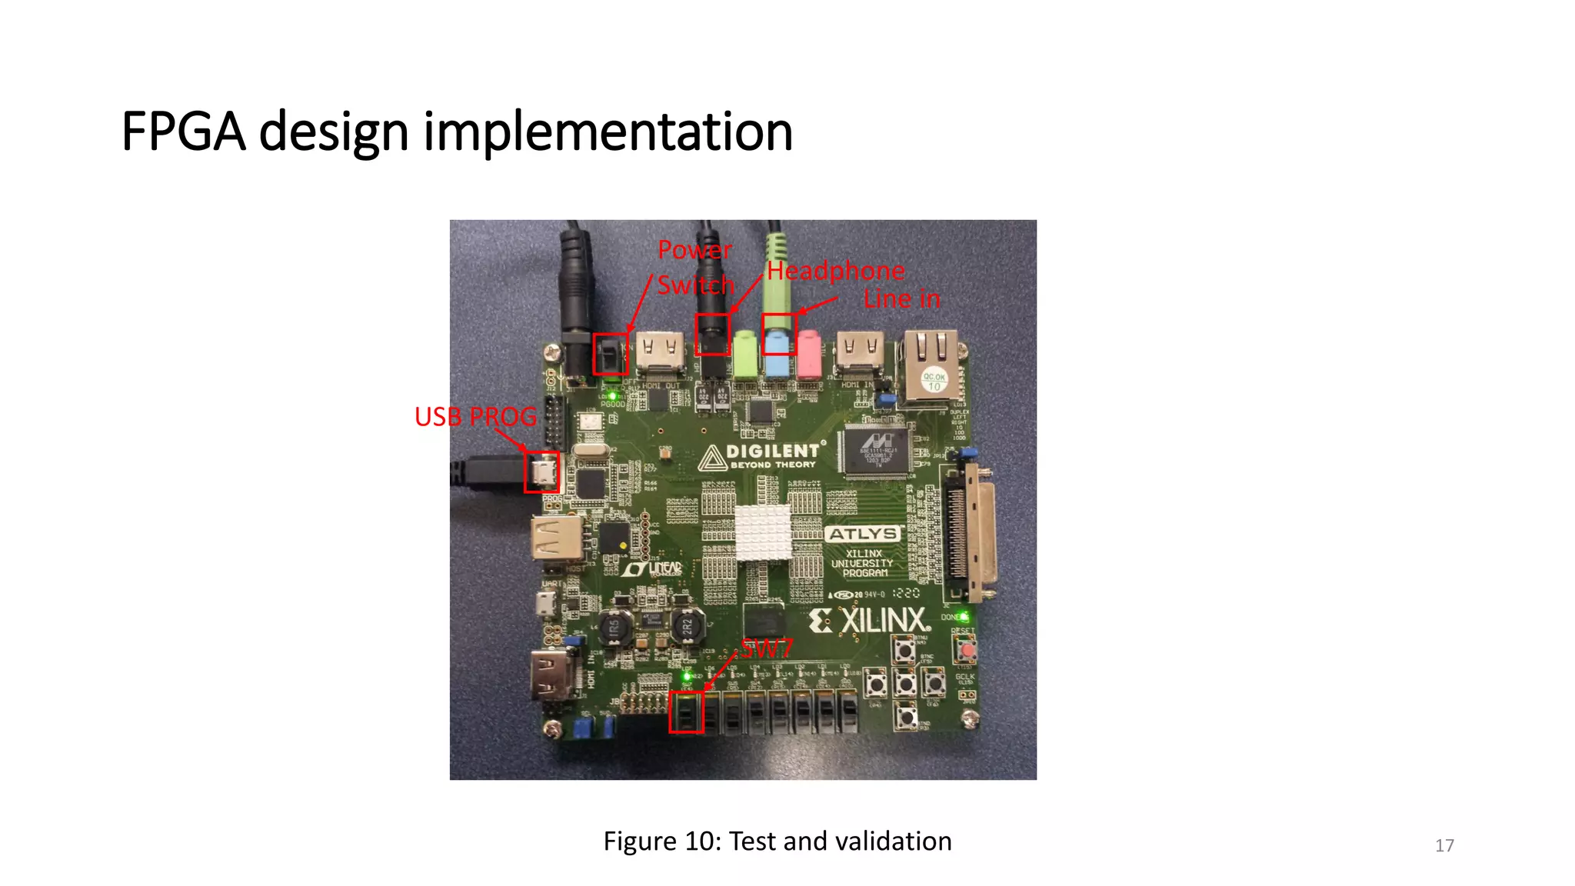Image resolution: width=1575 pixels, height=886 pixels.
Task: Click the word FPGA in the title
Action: (x=183, y=132)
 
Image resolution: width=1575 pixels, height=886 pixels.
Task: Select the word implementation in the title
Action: (x=608, y=132)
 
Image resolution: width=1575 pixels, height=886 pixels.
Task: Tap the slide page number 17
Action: (x=1444, y=846)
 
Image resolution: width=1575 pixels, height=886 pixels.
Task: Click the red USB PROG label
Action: (x=475, y=417)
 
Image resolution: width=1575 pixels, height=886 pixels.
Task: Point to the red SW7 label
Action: (x=766, y=648)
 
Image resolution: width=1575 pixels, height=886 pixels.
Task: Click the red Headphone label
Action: (x=836, y=271)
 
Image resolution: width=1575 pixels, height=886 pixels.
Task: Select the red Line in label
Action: (x=901, y=298)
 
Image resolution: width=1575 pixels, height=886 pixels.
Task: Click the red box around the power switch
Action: (x=611, y=354)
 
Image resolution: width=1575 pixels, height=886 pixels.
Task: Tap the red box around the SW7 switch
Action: (x=686, y=711)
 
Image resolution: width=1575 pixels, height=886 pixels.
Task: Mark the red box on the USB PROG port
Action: (x=541, y=471)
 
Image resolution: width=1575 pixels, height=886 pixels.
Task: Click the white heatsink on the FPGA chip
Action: (x=762, y=532)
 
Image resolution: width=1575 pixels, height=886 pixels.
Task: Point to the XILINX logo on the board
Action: (x=869, y=621)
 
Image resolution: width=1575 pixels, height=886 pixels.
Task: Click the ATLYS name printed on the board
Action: (x=863, y=534)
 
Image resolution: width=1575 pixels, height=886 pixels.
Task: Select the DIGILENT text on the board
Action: (x=772, y=451)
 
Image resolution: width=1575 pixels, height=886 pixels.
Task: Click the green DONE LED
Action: (x=964, y=617)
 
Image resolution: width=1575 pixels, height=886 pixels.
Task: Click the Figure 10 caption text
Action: (x=777, y=841)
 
